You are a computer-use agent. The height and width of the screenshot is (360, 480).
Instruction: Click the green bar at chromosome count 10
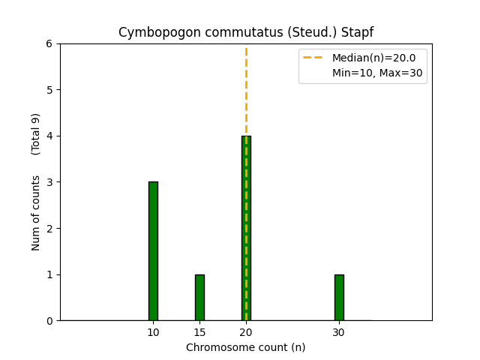click(x=153, y=251)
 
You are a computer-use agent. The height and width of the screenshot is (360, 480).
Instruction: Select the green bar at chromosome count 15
click(x=199, y=298)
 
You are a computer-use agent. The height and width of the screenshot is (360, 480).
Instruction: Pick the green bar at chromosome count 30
click(x=339, y=298)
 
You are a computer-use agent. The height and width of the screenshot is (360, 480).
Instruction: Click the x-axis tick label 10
click(x=153, y=332)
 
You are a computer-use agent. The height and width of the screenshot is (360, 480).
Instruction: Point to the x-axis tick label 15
click(x=199, y=332)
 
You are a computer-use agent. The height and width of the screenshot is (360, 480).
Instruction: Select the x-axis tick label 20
click(x=246, y=332)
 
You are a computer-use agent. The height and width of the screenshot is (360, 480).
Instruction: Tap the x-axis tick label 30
click(x=339, y=332)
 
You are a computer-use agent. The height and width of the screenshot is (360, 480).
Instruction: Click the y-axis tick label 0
click(x=49, y=321)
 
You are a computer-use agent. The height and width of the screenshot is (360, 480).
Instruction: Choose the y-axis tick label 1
click(x=49, y=274)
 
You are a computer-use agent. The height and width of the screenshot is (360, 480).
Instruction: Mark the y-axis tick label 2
click(x=49, y=229)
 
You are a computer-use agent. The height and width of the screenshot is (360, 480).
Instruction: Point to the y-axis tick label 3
click(x=49, y=182)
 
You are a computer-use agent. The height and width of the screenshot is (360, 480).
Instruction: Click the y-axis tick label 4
click(x=49, y=136)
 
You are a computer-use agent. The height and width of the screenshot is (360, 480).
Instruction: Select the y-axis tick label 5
click(x=49, y=90)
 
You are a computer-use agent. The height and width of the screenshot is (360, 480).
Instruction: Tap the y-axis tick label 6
click(x=49, y=44)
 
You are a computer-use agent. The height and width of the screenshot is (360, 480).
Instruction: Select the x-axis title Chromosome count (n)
click(x=246, y=347)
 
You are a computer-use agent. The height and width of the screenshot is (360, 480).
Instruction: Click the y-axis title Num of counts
click(x=36, y=212)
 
